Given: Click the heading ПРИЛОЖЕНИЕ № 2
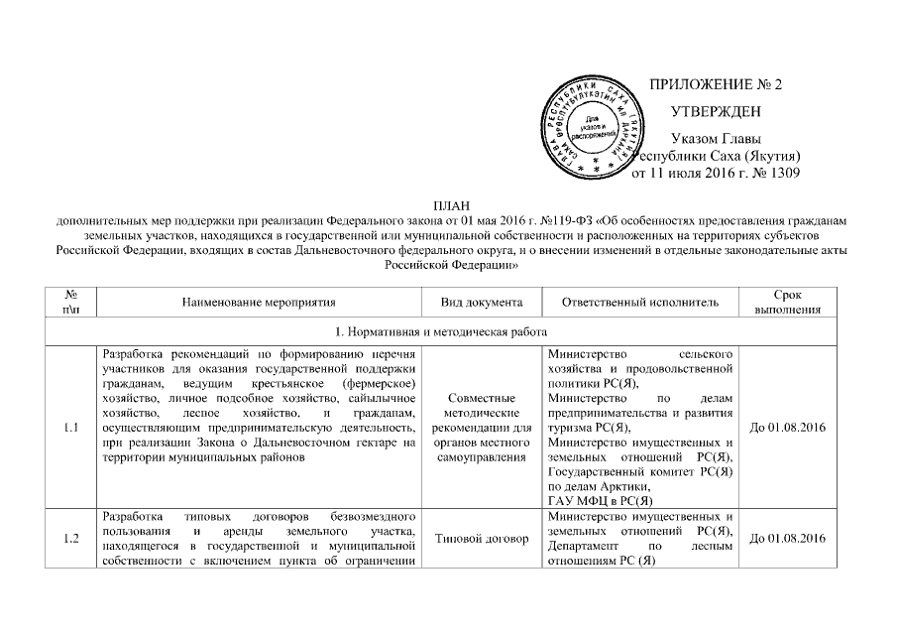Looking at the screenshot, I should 715,83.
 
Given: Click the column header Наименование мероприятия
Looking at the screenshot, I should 260,302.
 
